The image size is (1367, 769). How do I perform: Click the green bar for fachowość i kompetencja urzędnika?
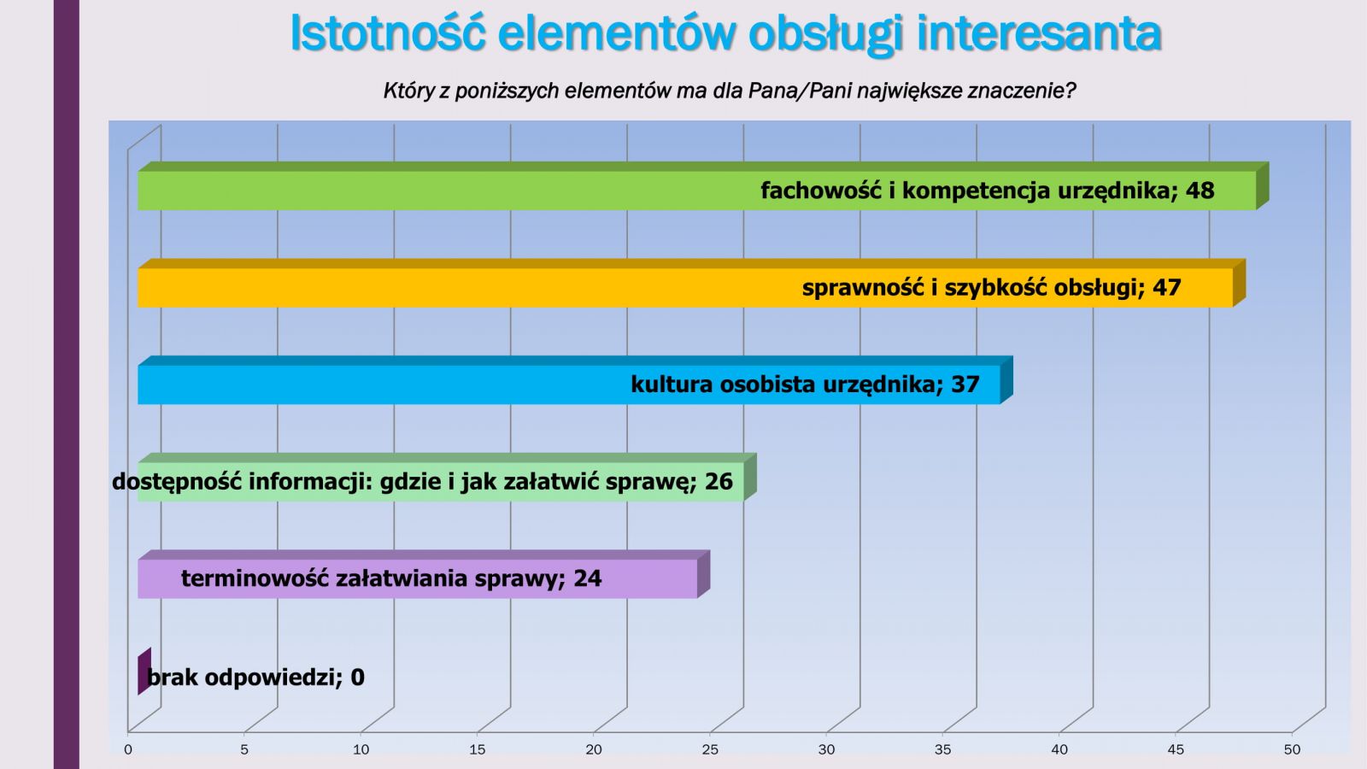point(701,186)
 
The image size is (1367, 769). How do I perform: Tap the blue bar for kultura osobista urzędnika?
point(573,380)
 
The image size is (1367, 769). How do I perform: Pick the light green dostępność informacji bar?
point(446,478)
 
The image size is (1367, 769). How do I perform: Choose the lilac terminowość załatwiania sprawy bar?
point(423,574)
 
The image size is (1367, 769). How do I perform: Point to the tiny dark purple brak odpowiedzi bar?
point(144,672)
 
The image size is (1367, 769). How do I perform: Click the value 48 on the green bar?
point(1200,191)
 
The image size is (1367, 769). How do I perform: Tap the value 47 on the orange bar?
point(1167,287)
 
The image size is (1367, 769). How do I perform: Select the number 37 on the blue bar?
point(965,384)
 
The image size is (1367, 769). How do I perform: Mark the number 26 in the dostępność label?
point(719,482)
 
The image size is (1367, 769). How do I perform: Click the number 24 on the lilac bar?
point(588,578)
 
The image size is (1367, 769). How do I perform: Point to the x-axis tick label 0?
point(128,750)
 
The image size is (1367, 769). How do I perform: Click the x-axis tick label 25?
point(710,750)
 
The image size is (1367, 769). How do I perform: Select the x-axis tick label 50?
point(1293,750)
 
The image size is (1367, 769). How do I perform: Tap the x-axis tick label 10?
point(361,750)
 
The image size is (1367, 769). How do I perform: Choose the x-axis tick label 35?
point(943,750)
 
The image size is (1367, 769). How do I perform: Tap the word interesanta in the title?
point(1039,33)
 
